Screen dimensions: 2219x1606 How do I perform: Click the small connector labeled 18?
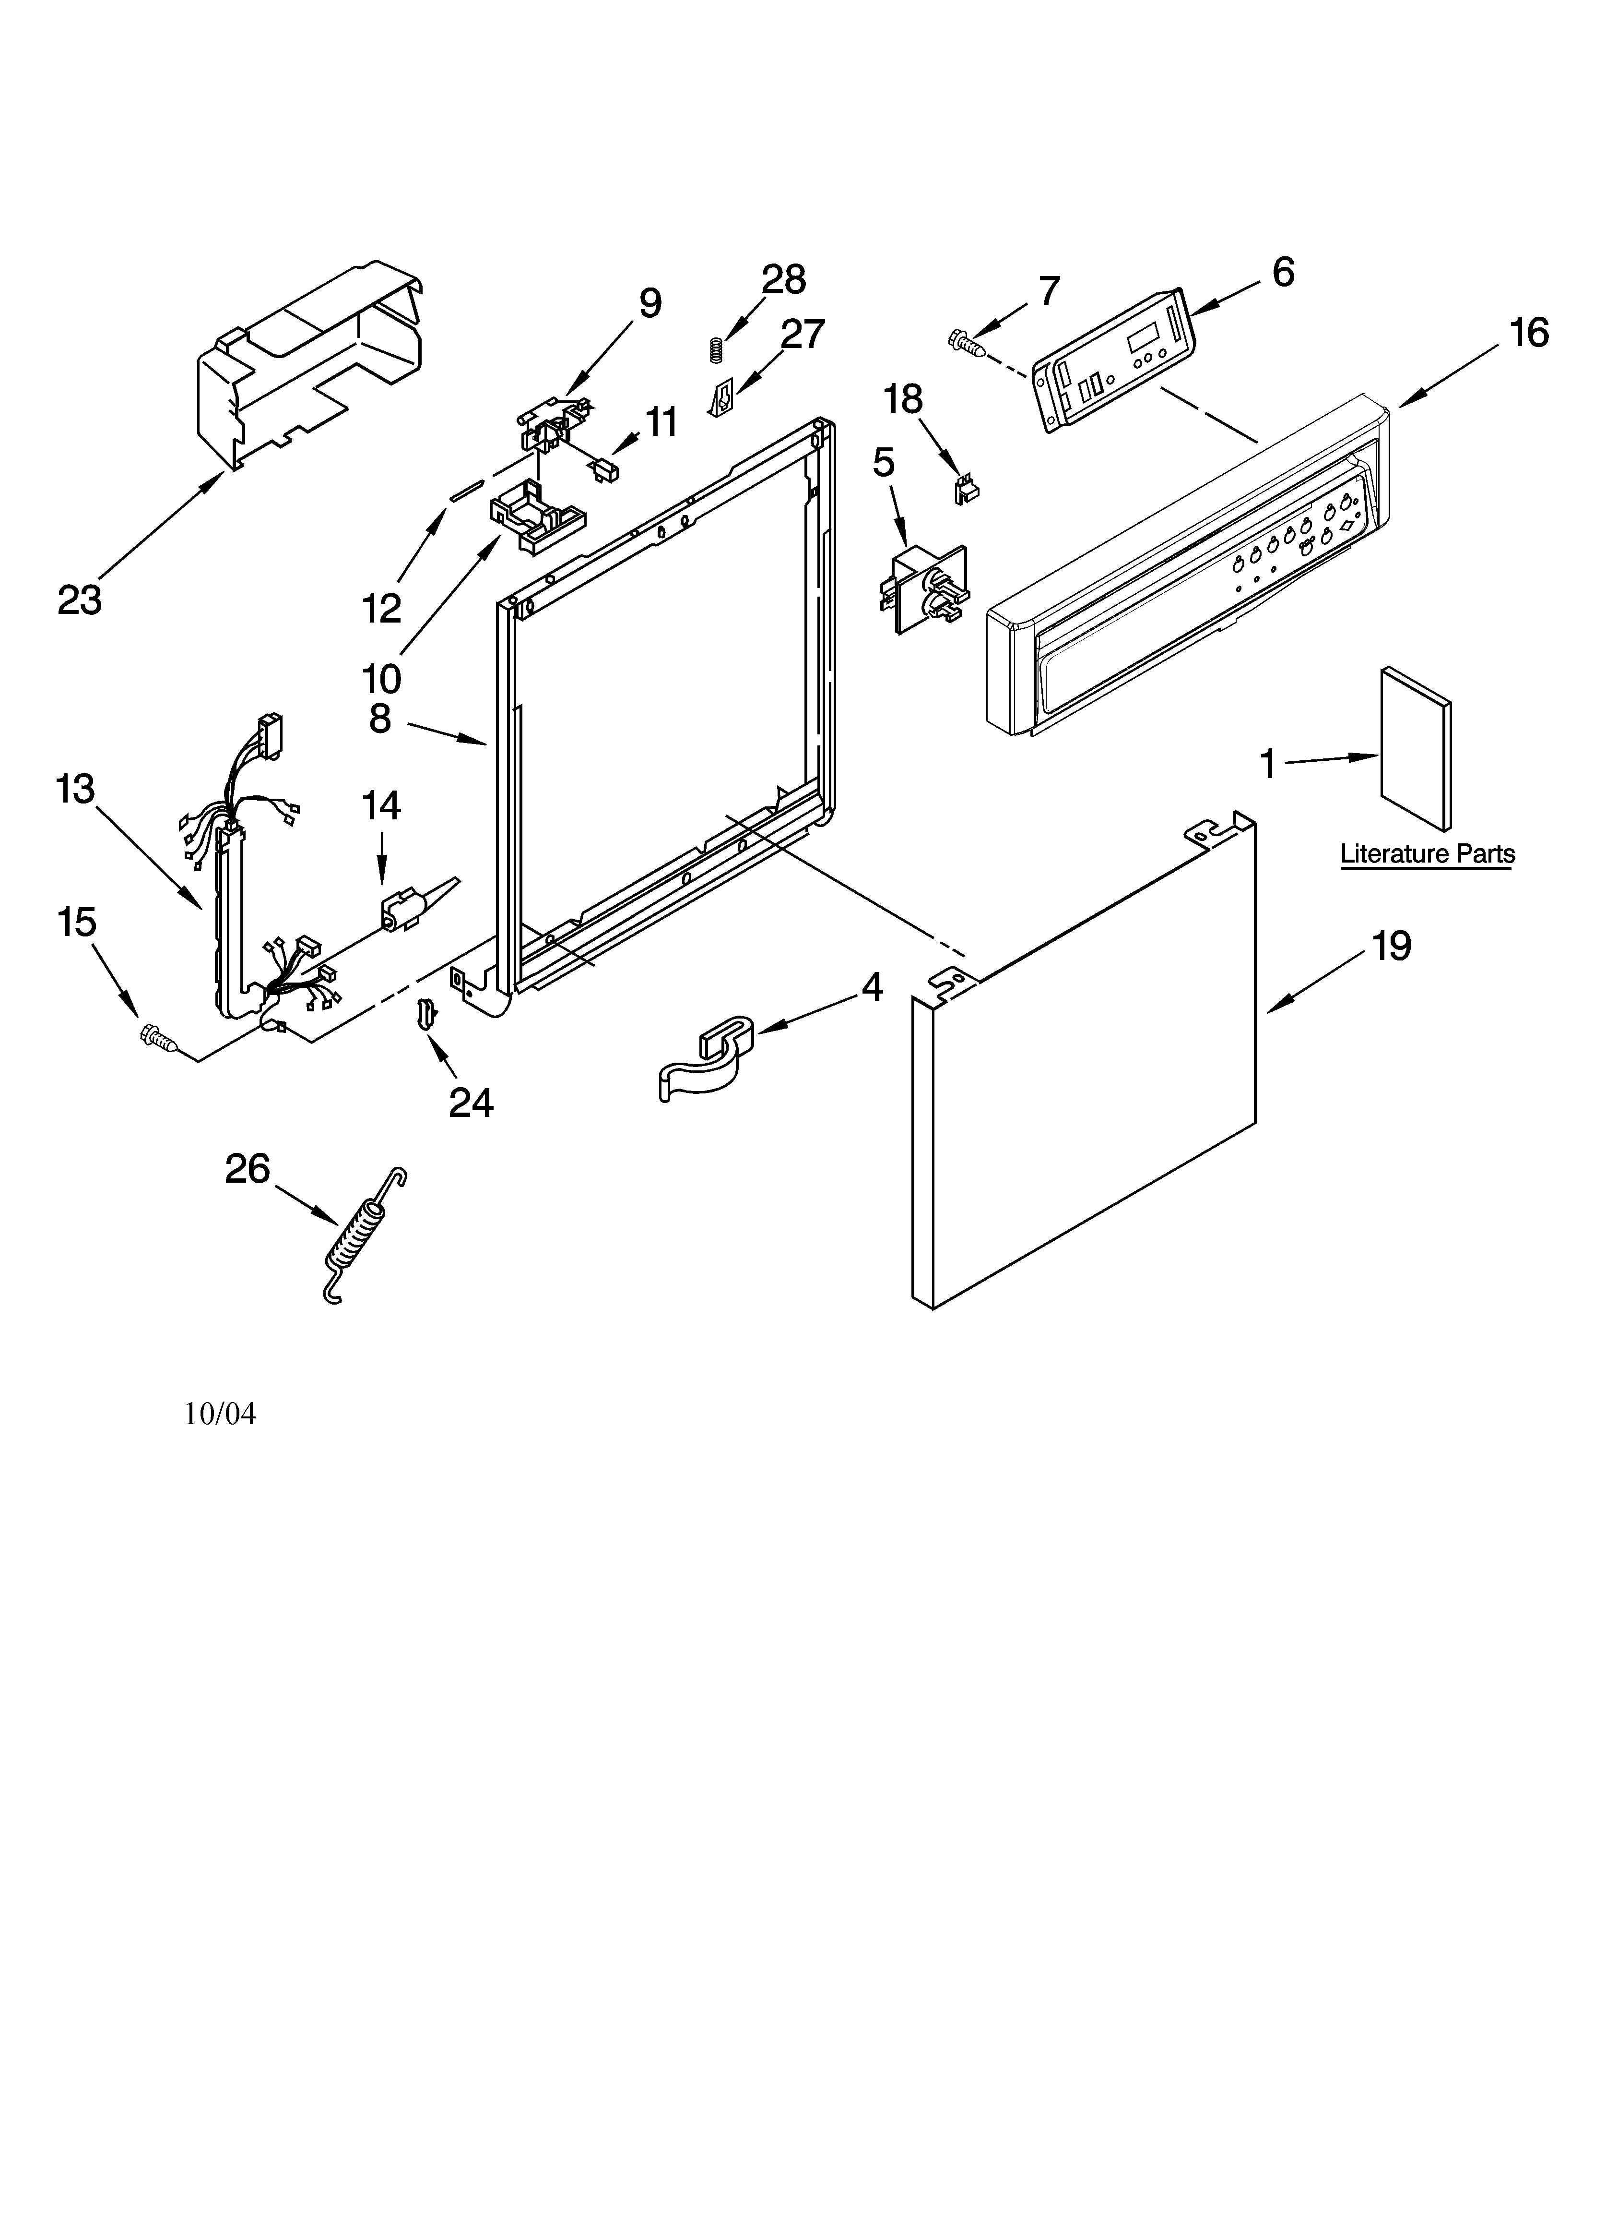click(967, 489)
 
